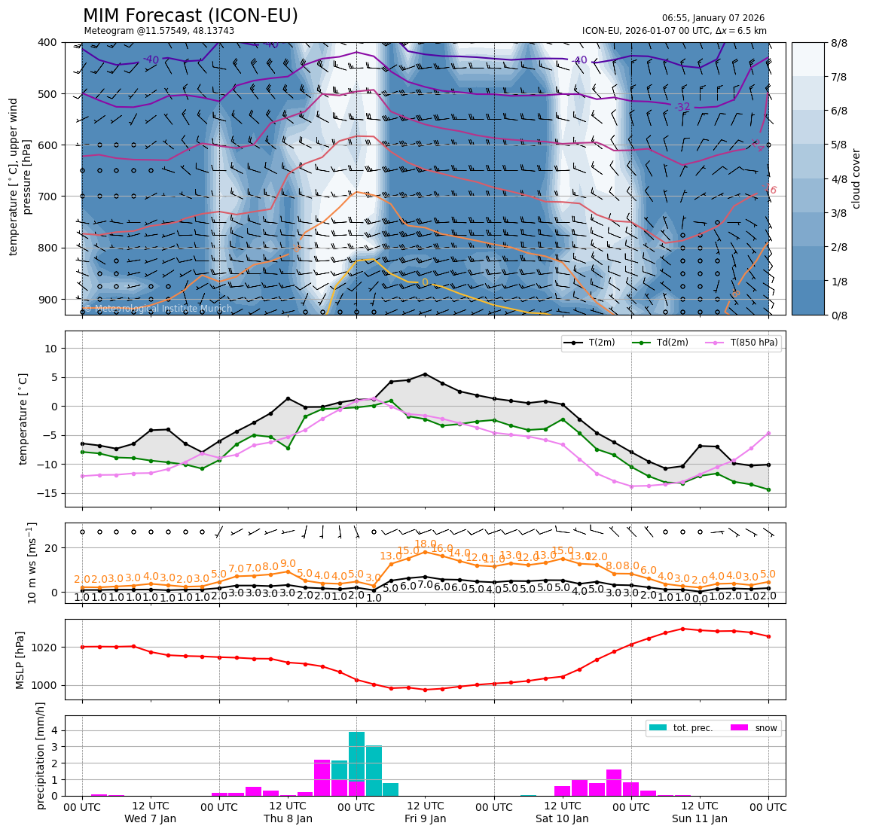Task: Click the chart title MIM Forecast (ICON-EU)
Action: point(190,16)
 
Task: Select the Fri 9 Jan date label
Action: point(425,818)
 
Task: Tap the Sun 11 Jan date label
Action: point(699,818)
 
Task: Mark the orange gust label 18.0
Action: point(426,544)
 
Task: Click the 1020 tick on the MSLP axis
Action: point(47,648)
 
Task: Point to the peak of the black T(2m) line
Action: point(425,374)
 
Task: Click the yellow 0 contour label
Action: point(425,283)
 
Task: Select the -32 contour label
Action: point(682,108)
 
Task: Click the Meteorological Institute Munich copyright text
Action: point(158,309)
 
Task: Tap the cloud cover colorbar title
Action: point(856,178)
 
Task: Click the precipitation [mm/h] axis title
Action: point(41,755)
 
